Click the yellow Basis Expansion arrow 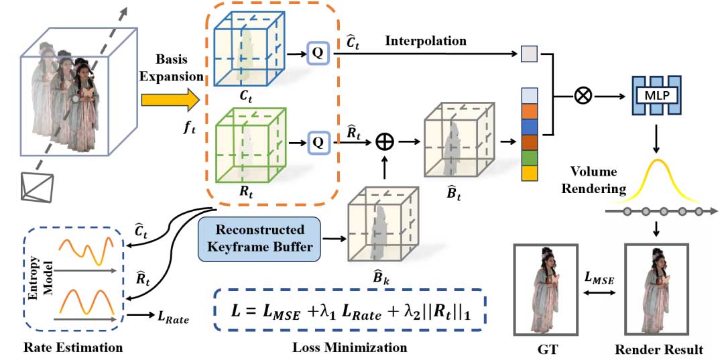point(170,101)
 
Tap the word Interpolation point(426,41)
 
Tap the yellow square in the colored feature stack point(529,173)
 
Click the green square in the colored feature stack point(529,156)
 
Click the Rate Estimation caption point(73,347)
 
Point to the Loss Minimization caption point(349,347)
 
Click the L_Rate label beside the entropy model point(171,319)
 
